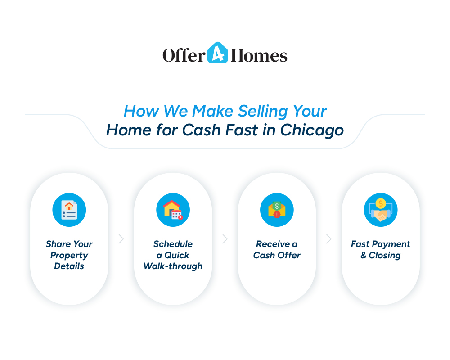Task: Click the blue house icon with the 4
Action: pyautogui.click(x=218, y=53)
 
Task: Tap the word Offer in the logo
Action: pyautogui.click(x=184, y=55)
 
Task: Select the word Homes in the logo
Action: pyautogui.click(x=259, y=55)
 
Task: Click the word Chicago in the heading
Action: pyautogui.click(x=312, y=130)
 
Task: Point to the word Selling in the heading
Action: pyautogui.click(x=263, y=111)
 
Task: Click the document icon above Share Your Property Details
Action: pyautogui.click(x=69, y=210)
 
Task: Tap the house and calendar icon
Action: pyautogui.click(x=173, y=210)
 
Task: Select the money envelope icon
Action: pyautogui.click(x=277, y=210)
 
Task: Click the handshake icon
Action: pyautogui.click(x=381, y=210)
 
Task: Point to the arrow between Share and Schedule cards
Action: pyautogui.click(x=121, y=239)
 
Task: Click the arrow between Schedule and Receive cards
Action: pyautogui.click(x=225, y=239)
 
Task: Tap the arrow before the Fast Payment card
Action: pyautogui.click(x=329, y=239)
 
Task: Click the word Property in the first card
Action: pyautogui.click(x=69, y=256)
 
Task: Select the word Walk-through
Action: pyautogui.click(x=173, y=266)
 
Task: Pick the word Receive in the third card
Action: pyautogui.click(x=273, y=244)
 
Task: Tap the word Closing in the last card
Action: pyautogui.click(x=385, y=256)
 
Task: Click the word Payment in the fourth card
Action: pyautogui.click(x=391, y=244)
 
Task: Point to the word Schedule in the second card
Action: pyautogui.click(x=173, y=244)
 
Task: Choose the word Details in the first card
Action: pyautogui.click(x=69, y=266)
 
